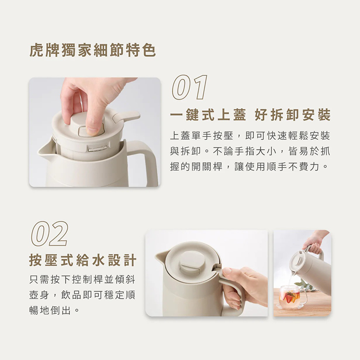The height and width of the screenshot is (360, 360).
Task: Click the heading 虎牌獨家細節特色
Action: (93, 50)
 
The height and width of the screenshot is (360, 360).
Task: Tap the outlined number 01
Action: (190, 88)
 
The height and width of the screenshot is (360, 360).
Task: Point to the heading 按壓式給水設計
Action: (83, 260)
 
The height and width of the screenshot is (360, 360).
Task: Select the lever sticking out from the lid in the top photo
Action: (126, 117)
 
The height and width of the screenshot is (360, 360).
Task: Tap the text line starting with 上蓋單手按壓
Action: (250, 136)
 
